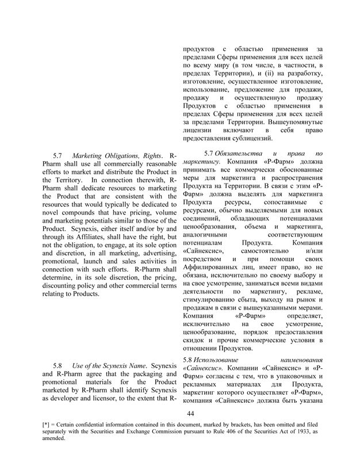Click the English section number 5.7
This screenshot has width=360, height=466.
point(58,156)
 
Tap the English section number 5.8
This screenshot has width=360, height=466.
point(58,365)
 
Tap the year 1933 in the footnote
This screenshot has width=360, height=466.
point(311,431)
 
